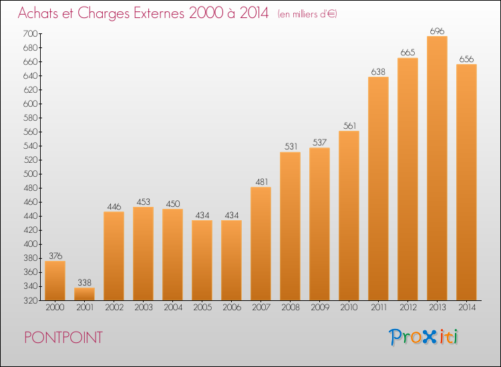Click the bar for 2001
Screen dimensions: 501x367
click(84, 294)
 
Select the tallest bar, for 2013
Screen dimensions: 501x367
click(437, 168)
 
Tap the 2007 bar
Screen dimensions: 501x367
click(261, 244)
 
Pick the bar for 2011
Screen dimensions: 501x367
click(378, 189)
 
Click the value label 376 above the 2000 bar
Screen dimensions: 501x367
click(55, 256)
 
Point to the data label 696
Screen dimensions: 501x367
click(437, 31)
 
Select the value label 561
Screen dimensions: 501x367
click(349, 125)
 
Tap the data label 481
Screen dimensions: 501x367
click(261, 182)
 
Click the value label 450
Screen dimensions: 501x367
click(173, 204)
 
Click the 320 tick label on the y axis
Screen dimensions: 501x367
click(30, 300)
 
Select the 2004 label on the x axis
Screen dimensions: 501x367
click(173, 308)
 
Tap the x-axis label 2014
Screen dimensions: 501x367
click(467, 308)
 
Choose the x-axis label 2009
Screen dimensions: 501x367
click(320, 308)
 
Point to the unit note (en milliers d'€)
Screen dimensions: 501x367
click(307, 14)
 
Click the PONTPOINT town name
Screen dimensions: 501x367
click(63, 338)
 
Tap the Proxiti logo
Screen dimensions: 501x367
click(424, 337)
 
